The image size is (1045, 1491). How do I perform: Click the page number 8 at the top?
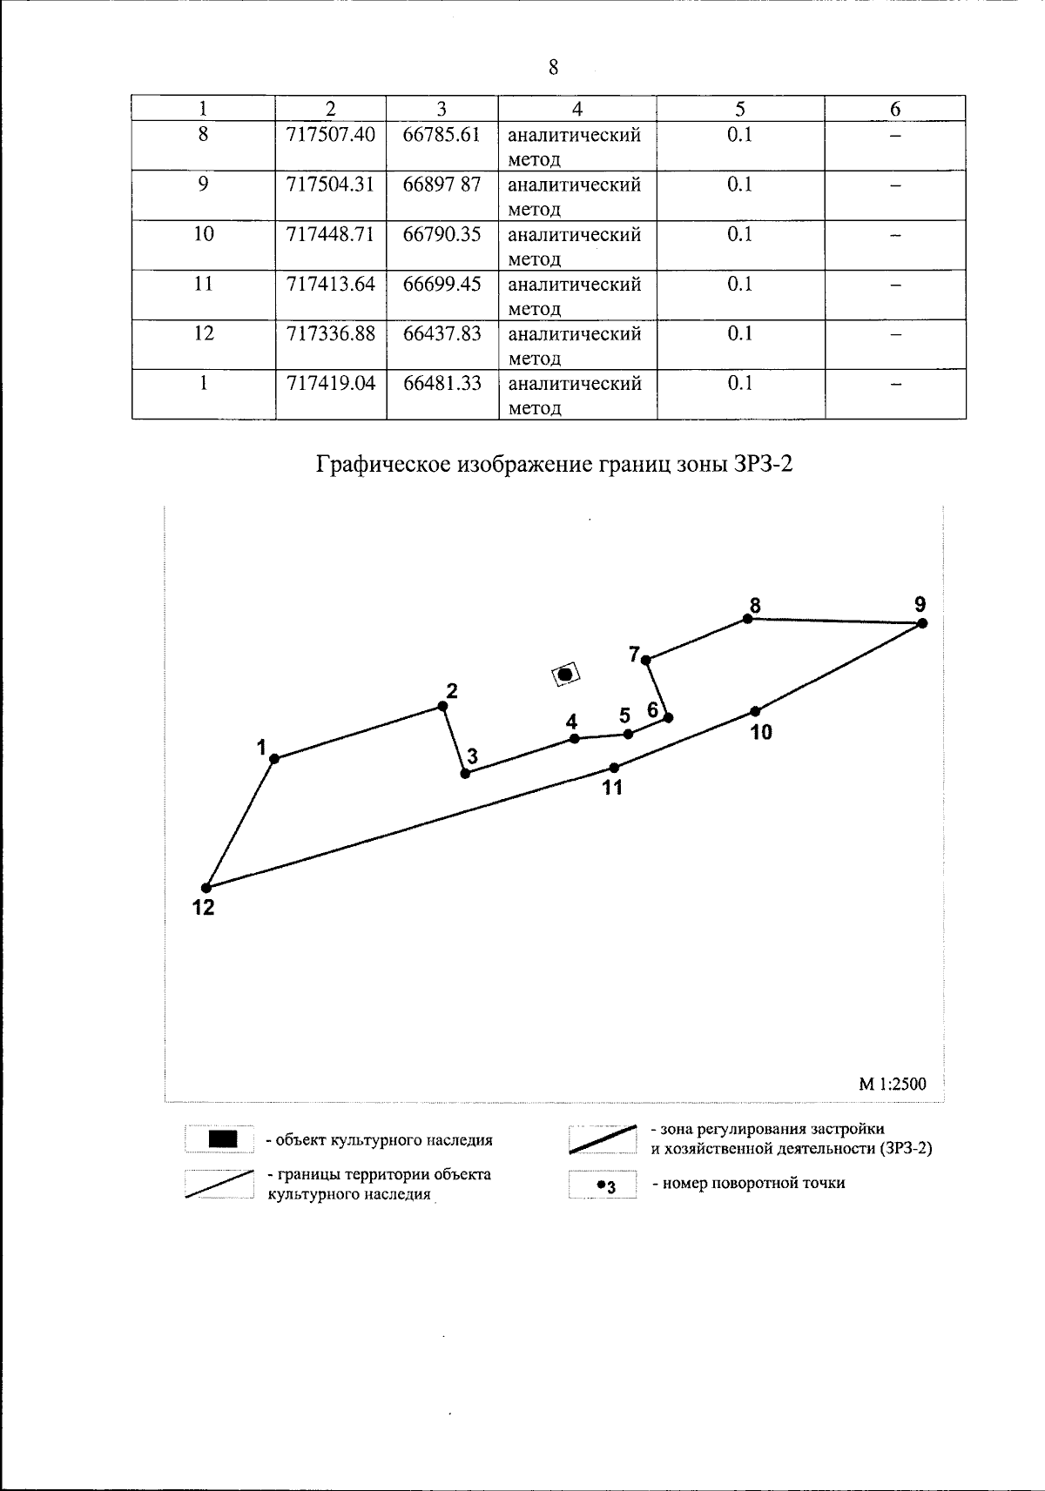553,68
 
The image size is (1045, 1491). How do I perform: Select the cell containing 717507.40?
331,135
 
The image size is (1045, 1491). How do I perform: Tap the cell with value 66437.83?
442,333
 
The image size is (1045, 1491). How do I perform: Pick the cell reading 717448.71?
331,234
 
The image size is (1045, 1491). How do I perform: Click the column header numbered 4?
576,108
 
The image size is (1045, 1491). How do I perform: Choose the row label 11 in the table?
203,284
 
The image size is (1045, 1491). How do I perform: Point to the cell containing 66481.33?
442,383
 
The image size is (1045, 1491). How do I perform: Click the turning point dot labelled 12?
206,888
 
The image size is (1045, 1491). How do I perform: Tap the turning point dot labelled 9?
922,623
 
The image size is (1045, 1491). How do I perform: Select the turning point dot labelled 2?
442,707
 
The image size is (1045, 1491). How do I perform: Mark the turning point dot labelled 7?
646,661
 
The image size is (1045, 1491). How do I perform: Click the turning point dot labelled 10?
755,712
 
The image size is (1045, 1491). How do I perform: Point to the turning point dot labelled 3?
465,773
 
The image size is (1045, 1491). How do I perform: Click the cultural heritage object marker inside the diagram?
565,674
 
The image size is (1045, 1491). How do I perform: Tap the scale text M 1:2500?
893,1084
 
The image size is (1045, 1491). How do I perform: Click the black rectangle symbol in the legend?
223,1139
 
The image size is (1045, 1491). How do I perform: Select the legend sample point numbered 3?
602,1185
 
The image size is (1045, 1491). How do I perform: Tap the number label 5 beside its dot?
624,715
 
